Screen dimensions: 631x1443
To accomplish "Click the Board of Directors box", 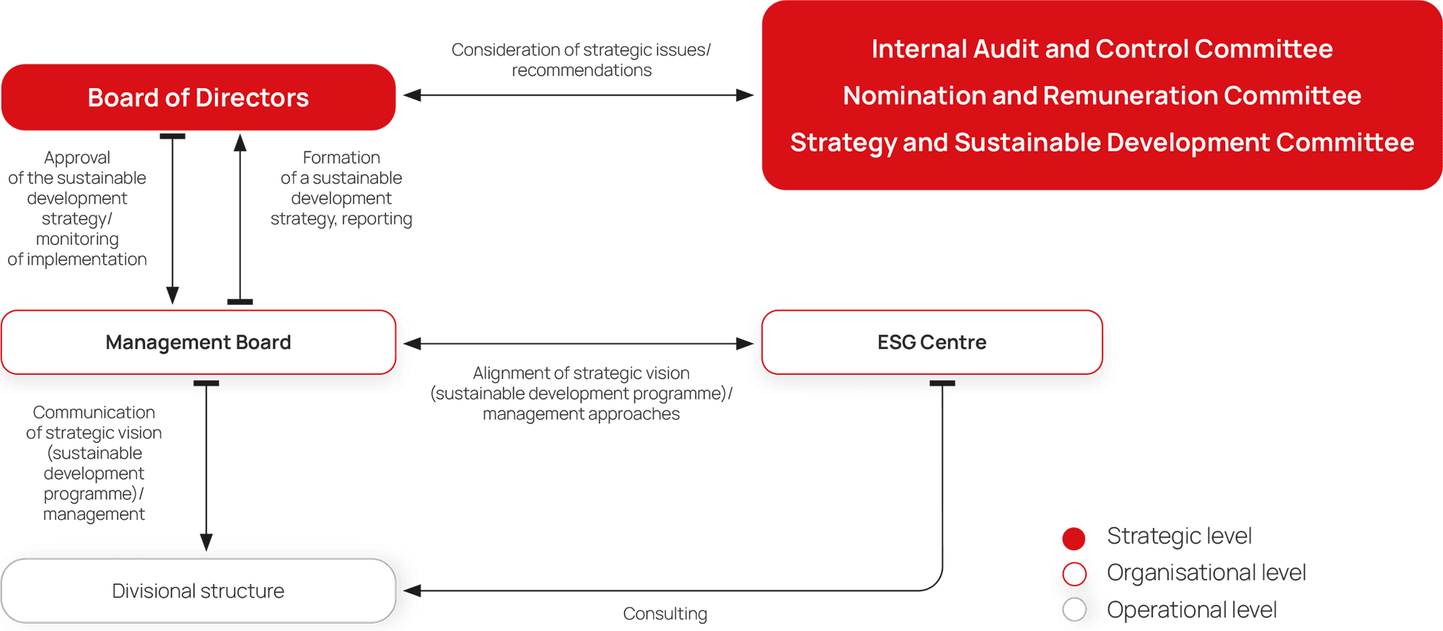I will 198,97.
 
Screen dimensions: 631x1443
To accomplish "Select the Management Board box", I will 198,342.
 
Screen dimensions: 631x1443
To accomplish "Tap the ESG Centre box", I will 931,342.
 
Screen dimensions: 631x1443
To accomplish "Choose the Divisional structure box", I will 198,591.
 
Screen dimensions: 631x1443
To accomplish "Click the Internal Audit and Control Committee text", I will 1102,49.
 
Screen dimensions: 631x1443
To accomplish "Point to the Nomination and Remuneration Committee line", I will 1102,95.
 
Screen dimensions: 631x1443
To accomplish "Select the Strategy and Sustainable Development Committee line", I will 1102,142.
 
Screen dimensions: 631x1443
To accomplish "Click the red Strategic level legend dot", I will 1074,538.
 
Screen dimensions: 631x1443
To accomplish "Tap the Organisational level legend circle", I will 1074,574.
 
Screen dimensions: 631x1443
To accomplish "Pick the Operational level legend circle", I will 1074,609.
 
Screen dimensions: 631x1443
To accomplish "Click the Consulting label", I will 665,614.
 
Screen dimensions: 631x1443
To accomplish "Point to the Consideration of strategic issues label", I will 581,60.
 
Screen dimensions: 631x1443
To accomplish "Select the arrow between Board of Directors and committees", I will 578,94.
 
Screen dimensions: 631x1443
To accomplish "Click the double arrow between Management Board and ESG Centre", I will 578,343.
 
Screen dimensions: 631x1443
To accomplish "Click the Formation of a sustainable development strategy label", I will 341,188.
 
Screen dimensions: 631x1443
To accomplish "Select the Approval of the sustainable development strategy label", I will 77,208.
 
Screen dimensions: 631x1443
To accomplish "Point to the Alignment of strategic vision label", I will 581,393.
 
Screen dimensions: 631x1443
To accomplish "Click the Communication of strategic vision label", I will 94,463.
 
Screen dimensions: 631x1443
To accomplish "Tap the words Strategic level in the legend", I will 1179,536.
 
